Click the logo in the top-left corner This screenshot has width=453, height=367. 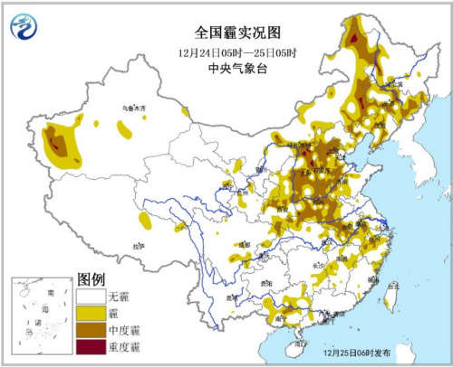pos(23,30)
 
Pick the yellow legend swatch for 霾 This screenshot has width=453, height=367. pos(90,314)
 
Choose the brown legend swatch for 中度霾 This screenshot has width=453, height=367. pos(90,330)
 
